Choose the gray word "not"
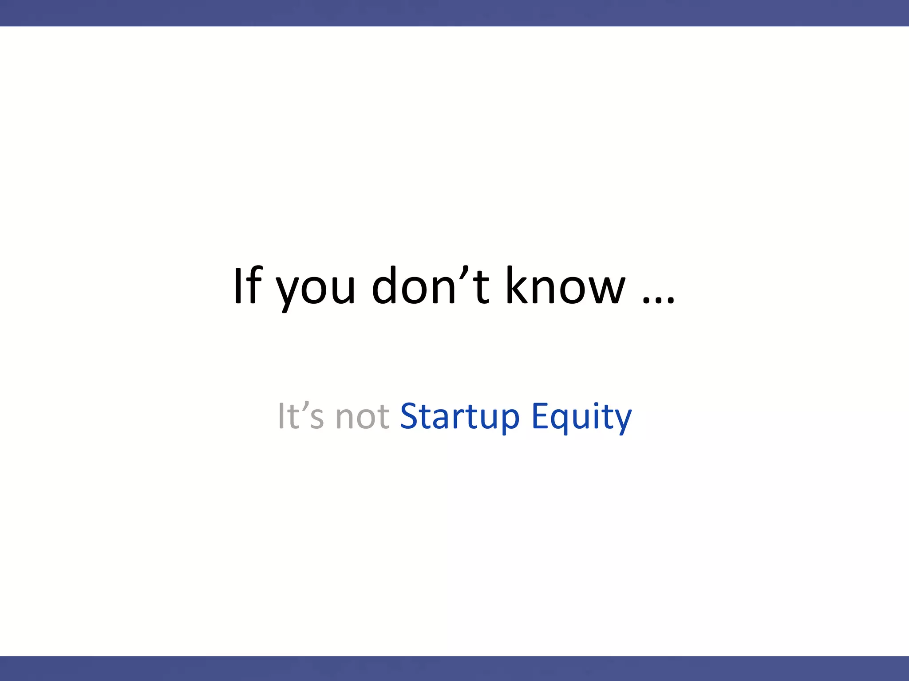(x=363, y=417)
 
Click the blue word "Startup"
(x=459, y=417)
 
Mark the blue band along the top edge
(x=454, y=13)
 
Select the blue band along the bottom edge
(x=454, y=669)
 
